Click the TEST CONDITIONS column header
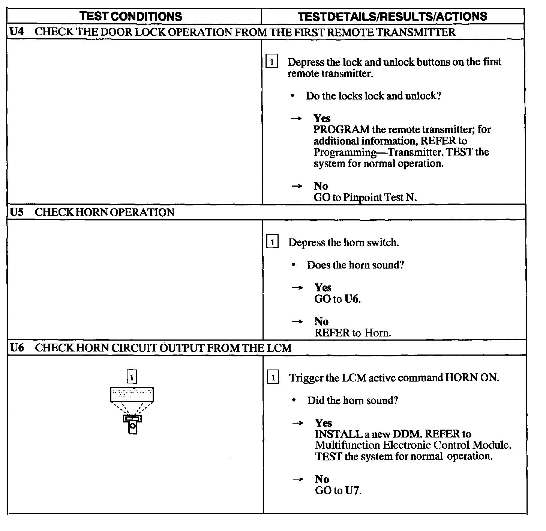click(131, 17)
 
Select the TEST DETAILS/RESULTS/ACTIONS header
click(392, 17)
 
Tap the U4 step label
click(16, 32)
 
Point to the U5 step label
click(16, 212)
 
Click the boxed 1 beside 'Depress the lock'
click(271, 61)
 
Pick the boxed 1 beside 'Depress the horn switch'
click(272, 242)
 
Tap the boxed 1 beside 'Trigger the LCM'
click(273, 377)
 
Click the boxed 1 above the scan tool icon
click(132, 377)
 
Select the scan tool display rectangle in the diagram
click(132, 394)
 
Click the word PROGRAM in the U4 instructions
click(341, 130)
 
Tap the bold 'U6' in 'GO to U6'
click(352, 299)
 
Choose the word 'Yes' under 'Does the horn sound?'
click(323, 288)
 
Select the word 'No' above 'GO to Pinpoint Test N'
click(321, 186)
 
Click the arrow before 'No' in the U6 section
click(297, 479)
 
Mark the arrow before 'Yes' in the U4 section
click(296, 118)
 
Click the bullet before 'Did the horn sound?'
click(294, 400)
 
